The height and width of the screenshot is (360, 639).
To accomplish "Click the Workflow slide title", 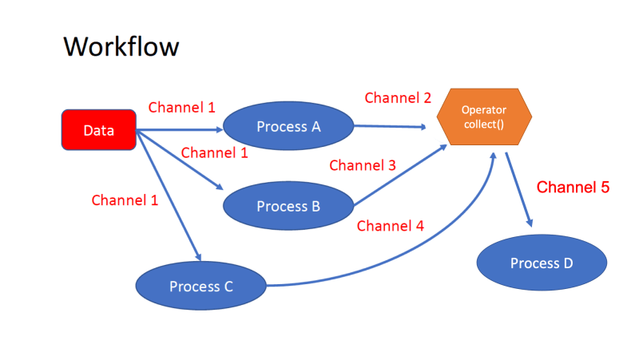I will pos(121,46).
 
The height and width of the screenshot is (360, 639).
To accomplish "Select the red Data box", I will pos(99,130).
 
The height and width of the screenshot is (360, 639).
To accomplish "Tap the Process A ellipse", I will pos(288,126).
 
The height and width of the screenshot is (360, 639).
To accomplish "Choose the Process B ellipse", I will pos(288,206).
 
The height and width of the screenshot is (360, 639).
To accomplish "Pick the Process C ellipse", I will pos(200,286).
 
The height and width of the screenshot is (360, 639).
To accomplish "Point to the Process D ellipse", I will pos(542,263).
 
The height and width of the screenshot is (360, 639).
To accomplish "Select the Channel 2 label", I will pos(398,98).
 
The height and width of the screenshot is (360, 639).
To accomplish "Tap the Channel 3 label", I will pos(363,166).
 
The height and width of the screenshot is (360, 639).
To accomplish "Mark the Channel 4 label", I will pos(390,226).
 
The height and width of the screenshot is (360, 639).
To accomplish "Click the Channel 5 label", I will pos(573,188).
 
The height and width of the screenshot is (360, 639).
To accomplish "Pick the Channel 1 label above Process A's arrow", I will pos(182,107).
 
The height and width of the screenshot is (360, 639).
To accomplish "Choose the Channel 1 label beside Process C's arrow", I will pos(125,200).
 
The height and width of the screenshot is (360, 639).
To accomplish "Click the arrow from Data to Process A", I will pos(180,129).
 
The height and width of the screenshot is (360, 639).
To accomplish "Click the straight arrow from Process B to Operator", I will pos(399,176).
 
